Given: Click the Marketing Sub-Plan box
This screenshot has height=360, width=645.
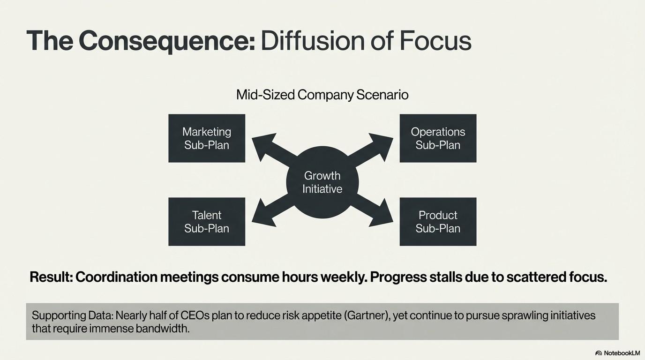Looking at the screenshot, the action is coord(207,138).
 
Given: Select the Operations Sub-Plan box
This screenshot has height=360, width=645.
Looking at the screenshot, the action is coord(438,138).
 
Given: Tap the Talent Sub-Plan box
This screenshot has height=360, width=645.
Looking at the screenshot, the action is coord(207,222).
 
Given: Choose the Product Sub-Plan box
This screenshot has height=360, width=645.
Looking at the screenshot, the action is coord(438,222).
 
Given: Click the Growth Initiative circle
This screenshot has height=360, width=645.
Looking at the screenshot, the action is coord(322,182).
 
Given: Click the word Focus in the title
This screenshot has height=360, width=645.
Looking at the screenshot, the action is coord(435,41).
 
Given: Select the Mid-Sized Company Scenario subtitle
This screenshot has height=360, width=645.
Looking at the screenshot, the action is coord(322,95).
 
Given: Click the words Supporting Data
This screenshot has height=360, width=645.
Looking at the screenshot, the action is coord(69,315).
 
